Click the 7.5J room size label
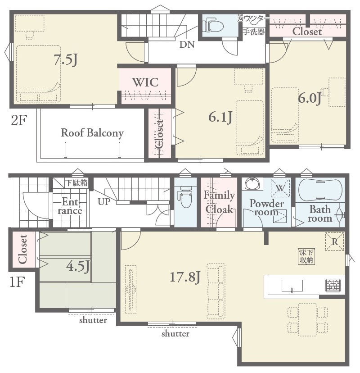pos(65,59)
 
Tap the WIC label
pos(145,82)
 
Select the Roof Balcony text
pos(92,133)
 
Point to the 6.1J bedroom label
pos(220,117)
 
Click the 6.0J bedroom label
pos(310,98)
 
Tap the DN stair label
pos(187,45)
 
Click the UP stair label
pos(104,202)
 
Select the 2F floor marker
pos(19,120)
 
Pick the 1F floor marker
pos(17,282)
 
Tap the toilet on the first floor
pos(185,197)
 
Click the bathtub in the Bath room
pos(320,190)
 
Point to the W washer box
pos(280,188)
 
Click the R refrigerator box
pos(334,241)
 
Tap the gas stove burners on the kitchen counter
pos(333,286)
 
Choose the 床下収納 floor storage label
pos(306,256)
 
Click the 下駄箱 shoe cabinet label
pos(76,183)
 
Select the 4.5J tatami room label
pos(78,266)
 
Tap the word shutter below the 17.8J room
pos(175,333)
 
